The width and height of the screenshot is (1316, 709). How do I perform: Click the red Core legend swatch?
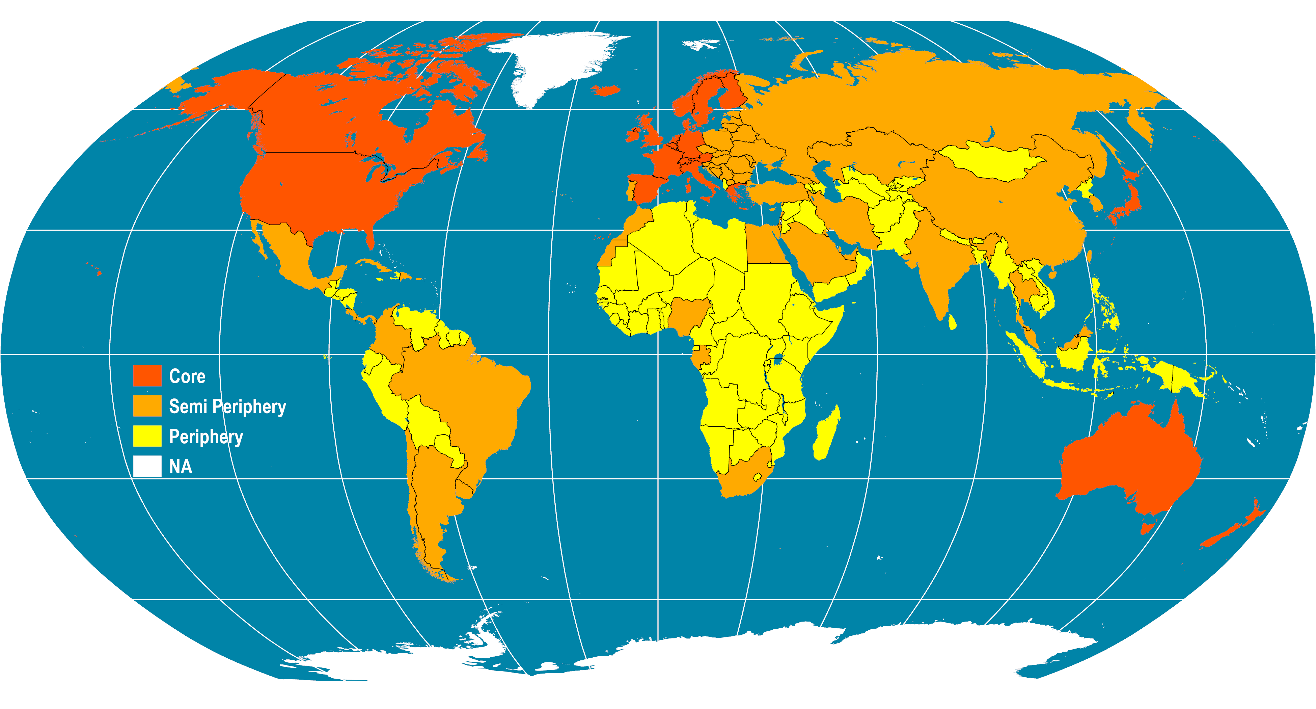click(x=147, y=376)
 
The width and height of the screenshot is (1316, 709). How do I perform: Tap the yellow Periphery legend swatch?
click(x=147, y=436)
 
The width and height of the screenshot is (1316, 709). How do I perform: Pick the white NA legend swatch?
click(x=147, y=466)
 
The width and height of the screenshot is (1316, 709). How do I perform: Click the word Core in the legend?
click(x=187, y=376)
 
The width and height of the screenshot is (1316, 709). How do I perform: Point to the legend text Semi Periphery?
click(x=227, y=406)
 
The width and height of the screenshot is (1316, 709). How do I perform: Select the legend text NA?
click(x=180, y=467)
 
